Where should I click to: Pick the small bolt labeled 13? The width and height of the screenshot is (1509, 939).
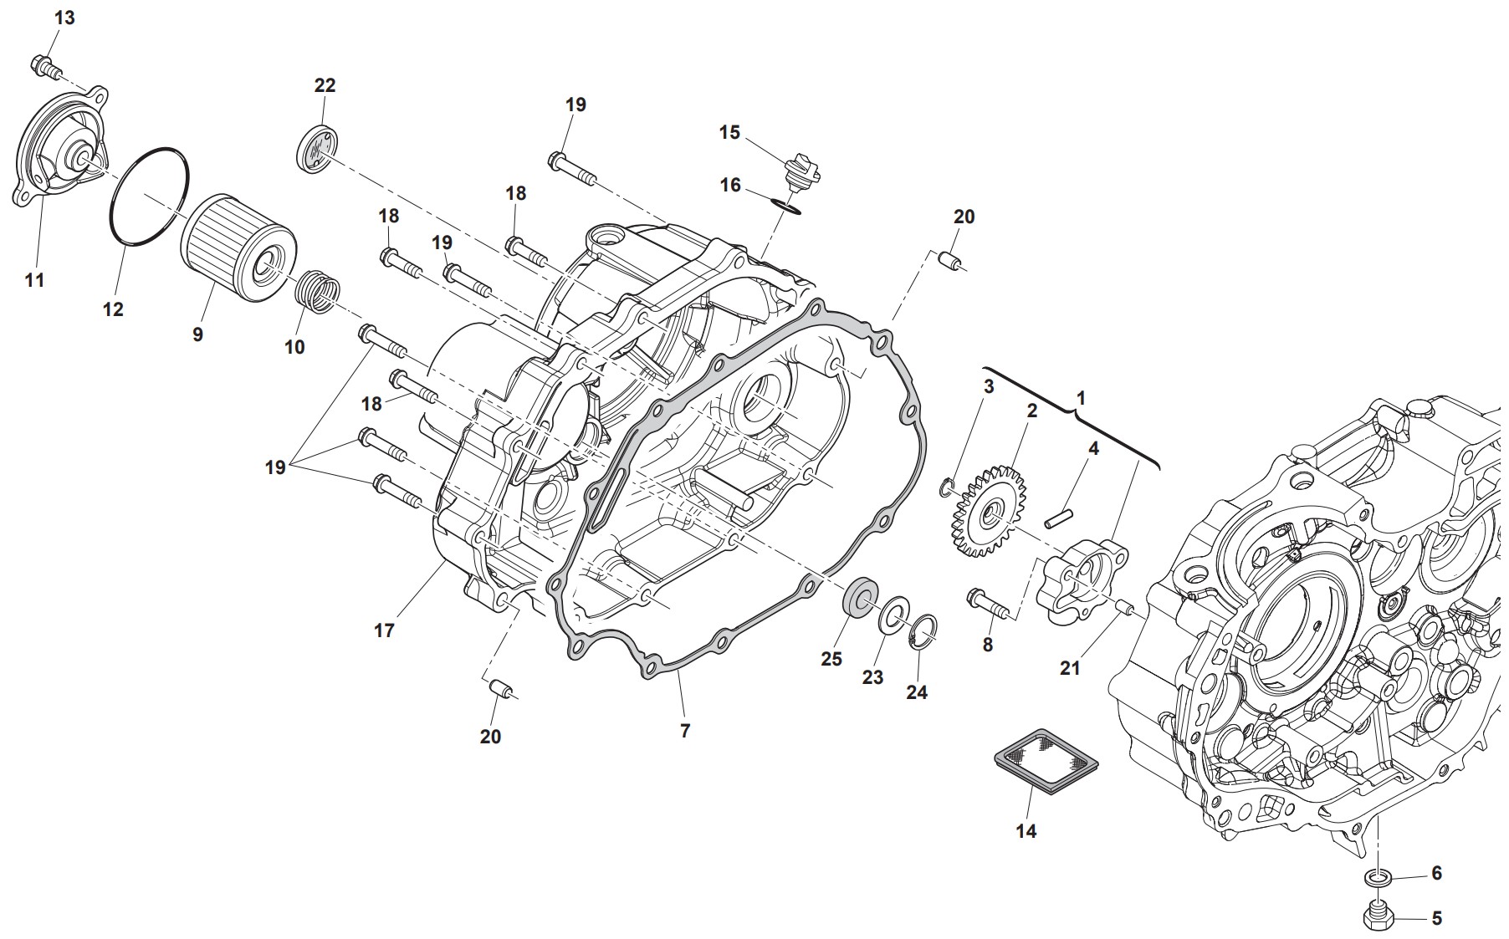pyautogui.click(x=46, y=67)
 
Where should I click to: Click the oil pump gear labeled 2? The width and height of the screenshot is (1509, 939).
pyautogui.click(x=989, y=516)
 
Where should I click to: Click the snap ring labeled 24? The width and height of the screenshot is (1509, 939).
pyautogui.click(x=924, y=632)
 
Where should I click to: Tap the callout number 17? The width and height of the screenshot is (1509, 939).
pyautogui.click(x=384, y=630)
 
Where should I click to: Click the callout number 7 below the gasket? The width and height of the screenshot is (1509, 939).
pyautogui.click(x=685, y=731)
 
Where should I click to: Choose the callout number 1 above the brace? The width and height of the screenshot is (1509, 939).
pyautogui.click(x=1081, y=398)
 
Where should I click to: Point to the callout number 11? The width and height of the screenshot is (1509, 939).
pyautogui.click(x=34, y=280)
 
